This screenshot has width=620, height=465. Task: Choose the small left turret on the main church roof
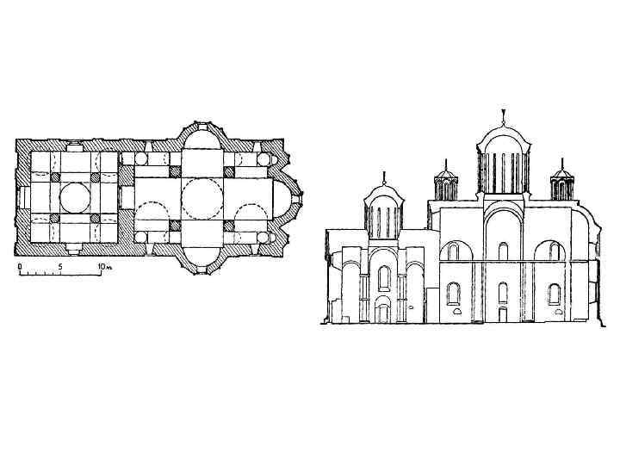tap(446, 183)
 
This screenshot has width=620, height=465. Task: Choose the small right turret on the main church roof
tap(561, 182)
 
